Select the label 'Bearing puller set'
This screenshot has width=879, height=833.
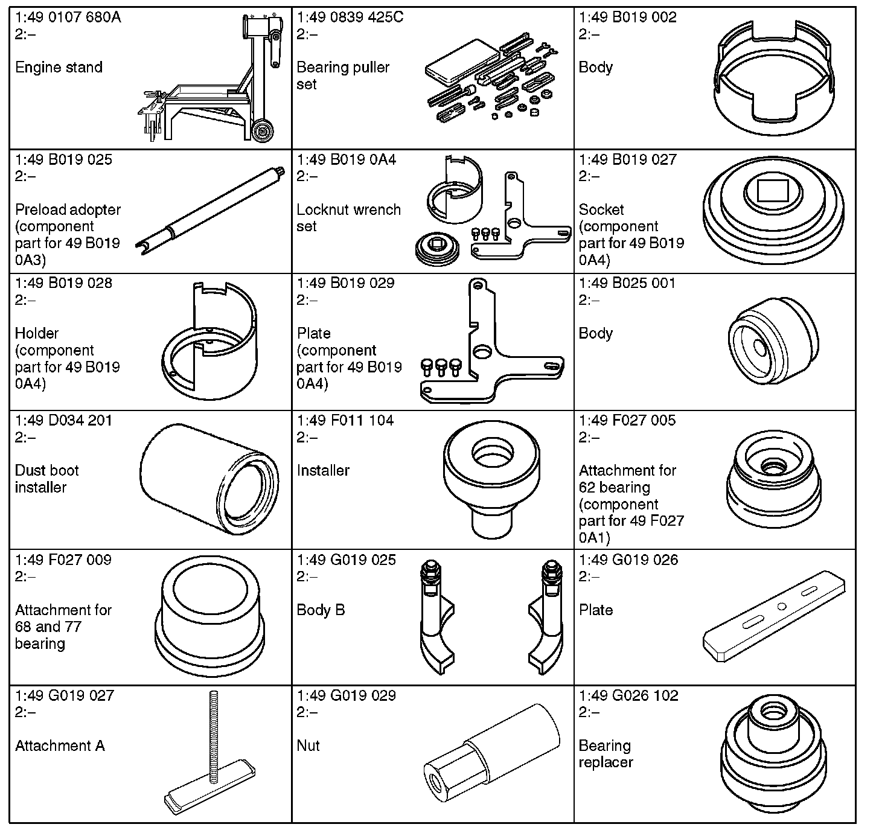[343, 75]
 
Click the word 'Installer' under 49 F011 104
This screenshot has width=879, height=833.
[323, 470]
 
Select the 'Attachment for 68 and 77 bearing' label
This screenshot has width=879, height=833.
[63, 627]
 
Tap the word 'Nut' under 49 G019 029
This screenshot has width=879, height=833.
[308, 745]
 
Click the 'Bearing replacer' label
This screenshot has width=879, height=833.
[606, 754]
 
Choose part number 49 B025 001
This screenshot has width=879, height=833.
[627, 283]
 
